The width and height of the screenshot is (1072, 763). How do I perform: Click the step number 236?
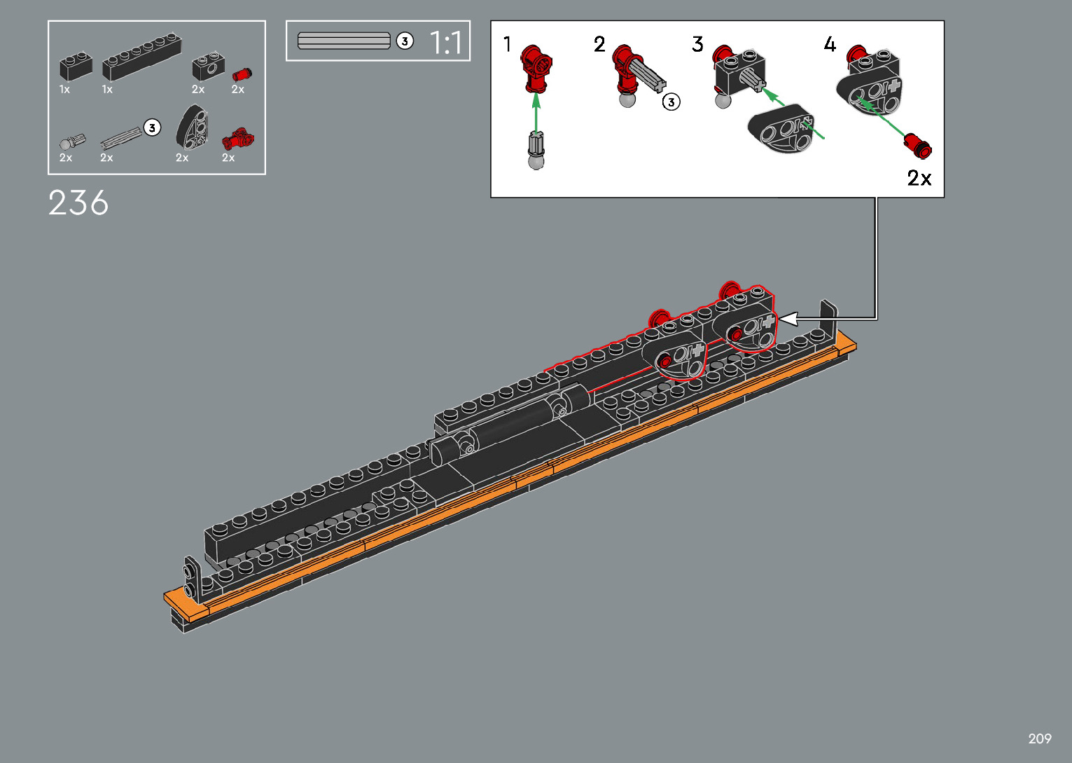78,202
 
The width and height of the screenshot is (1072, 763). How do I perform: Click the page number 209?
1040,738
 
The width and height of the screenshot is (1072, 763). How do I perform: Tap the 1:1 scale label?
445,42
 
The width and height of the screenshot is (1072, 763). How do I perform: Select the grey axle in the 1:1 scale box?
344,41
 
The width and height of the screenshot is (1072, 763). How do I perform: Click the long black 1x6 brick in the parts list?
141,57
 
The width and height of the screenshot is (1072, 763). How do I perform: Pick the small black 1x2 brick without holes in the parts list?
76,67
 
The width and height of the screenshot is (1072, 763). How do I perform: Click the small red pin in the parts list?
242,74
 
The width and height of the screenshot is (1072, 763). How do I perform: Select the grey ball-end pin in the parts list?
72,142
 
